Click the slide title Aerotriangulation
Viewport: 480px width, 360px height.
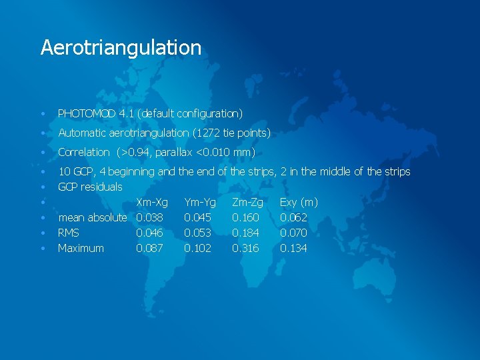[121, 47]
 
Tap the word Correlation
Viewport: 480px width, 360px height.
[83, 153]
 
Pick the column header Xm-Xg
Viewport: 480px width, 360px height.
[151, 202]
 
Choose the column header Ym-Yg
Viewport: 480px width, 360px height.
[199, 202]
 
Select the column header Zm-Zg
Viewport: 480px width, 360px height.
[247, 202]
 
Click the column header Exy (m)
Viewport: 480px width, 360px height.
[299, 202]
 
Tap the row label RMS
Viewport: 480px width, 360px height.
[69, 233]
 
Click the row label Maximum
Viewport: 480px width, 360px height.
[81, 249]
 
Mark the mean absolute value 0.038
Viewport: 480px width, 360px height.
[149, 217]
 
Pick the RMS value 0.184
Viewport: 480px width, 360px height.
[245, 233]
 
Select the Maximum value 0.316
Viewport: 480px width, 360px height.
[245, 249]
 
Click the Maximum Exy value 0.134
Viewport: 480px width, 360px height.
[293, 249]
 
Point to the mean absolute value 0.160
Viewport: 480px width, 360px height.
[245, 217]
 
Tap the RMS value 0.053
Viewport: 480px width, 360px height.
[197, 233]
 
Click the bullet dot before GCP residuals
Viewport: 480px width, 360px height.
[42, 187]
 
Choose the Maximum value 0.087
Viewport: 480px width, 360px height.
[149, 249]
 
